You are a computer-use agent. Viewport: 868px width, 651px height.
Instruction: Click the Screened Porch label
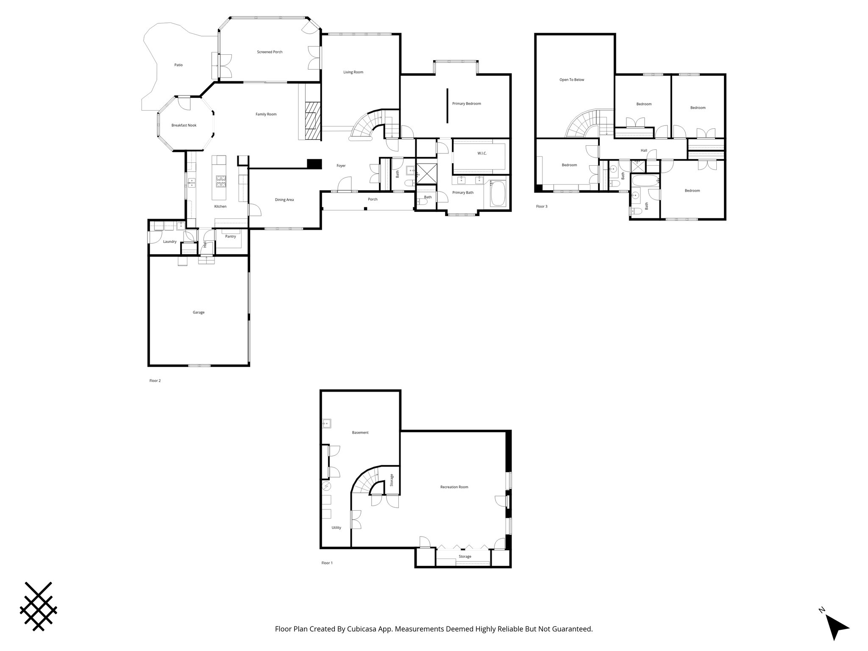[x=270, y=52]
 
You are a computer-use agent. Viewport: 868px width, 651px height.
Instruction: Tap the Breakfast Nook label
[x=184, y=125]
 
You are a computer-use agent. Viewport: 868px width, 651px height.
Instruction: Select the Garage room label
[x=199, y=312]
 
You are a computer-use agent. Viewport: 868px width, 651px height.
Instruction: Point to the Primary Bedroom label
[x=467, y=103]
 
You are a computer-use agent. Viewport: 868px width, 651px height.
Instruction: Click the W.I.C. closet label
[x=482, y=153]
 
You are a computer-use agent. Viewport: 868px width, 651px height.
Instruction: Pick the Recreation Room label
[x=454, y=487]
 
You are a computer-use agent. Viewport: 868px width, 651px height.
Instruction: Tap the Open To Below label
[x=572, y=80]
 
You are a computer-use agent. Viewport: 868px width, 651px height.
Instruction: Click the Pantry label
[x=231, y=236]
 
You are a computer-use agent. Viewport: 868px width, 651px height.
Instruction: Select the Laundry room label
[x=170, y=242]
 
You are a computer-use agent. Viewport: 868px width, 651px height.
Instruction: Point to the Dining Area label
[x=284, y=200]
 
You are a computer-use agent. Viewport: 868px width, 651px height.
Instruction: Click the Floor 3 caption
[x=542, y=206]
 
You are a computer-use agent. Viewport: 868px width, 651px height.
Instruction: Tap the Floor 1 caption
[x=327, y=563]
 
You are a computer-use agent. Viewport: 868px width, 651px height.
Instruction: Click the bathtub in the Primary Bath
[x=498, y=194]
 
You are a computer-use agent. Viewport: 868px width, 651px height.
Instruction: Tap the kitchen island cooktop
[x=221, y=182]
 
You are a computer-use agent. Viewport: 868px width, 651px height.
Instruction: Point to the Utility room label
[x=336, y=528]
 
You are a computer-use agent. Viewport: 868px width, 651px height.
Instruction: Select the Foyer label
[x=341, y=166]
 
